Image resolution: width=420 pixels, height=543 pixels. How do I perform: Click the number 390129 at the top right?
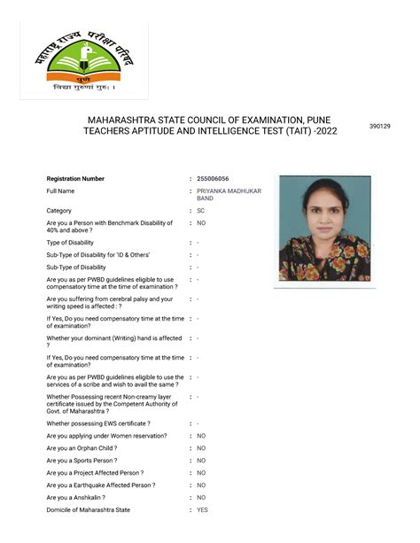(379, 127)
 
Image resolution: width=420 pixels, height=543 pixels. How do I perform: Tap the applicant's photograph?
(324, 229)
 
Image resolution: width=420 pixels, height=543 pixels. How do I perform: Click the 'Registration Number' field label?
(75, 179)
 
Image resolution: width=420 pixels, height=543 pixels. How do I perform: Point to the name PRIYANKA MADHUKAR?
(229, 191)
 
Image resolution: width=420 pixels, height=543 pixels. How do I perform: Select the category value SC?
(201, 211)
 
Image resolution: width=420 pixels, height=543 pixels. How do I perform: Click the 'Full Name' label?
(60, 191)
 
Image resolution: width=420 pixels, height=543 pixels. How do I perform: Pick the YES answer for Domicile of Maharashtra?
(202, 510)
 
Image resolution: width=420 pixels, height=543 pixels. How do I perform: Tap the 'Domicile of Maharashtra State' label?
(88, 510)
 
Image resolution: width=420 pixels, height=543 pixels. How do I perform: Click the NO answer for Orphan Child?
(201, 448)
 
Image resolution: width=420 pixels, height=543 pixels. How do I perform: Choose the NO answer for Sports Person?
(201, 461)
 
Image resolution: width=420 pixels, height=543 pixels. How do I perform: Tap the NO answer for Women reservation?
(201, 436)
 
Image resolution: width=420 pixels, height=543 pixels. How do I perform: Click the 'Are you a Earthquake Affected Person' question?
(100, 485)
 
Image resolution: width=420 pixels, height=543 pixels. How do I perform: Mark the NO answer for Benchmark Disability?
(201, 223)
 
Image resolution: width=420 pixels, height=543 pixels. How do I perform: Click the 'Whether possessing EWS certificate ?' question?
(97, 423)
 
